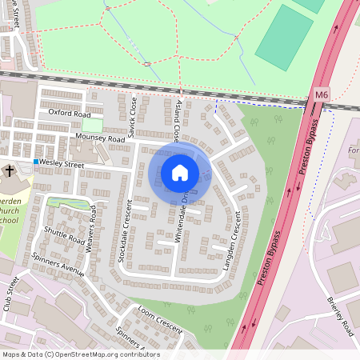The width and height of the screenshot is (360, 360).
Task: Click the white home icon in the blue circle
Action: (180, 172)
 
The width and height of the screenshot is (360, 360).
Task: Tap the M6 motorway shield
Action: (322, 94)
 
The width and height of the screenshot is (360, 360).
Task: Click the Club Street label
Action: (13, 292)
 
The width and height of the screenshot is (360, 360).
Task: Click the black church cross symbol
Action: (10, 170)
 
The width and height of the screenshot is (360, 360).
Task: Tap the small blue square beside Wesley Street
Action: (36, 162)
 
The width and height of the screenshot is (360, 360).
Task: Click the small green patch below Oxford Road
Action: (93, 125)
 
